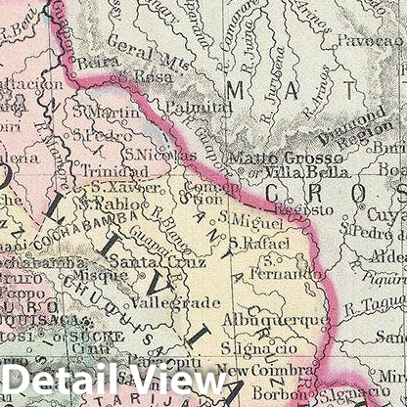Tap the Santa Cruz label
pos(144,262)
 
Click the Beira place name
pos(93,62)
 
